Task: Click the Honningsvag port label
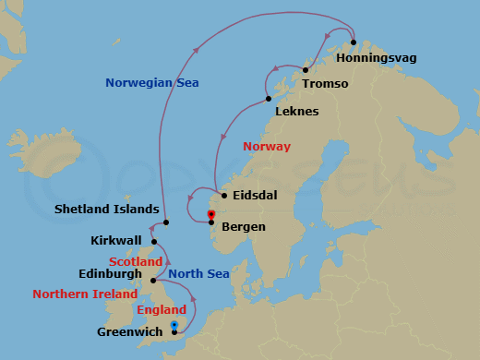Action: [x=377, y=58]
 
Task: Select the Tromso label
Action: [x=324, y=83]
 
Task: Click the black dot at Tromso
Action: [x=306, y=70]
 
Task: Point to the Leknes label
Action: [x=296, y=112]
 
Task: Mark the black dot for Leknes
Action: [x=268, y=99]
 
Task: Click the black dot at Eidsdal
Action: [x=224, y=196]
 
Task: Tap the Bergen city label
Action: [x=245, y=226]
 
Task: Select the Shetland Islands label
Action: [x=106, y=210]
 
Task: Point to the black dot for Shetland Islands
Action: [x=166, y=222]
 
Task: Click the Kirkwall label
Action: [x=116, y=241]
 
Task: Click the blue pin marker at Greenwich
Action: [x=174, y=325]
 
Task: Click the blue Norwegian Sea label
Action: [x=152, y=83]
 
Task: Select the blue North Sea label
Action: [x=198, y=274]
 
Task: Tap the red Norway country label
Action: [x=267, y=147]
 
